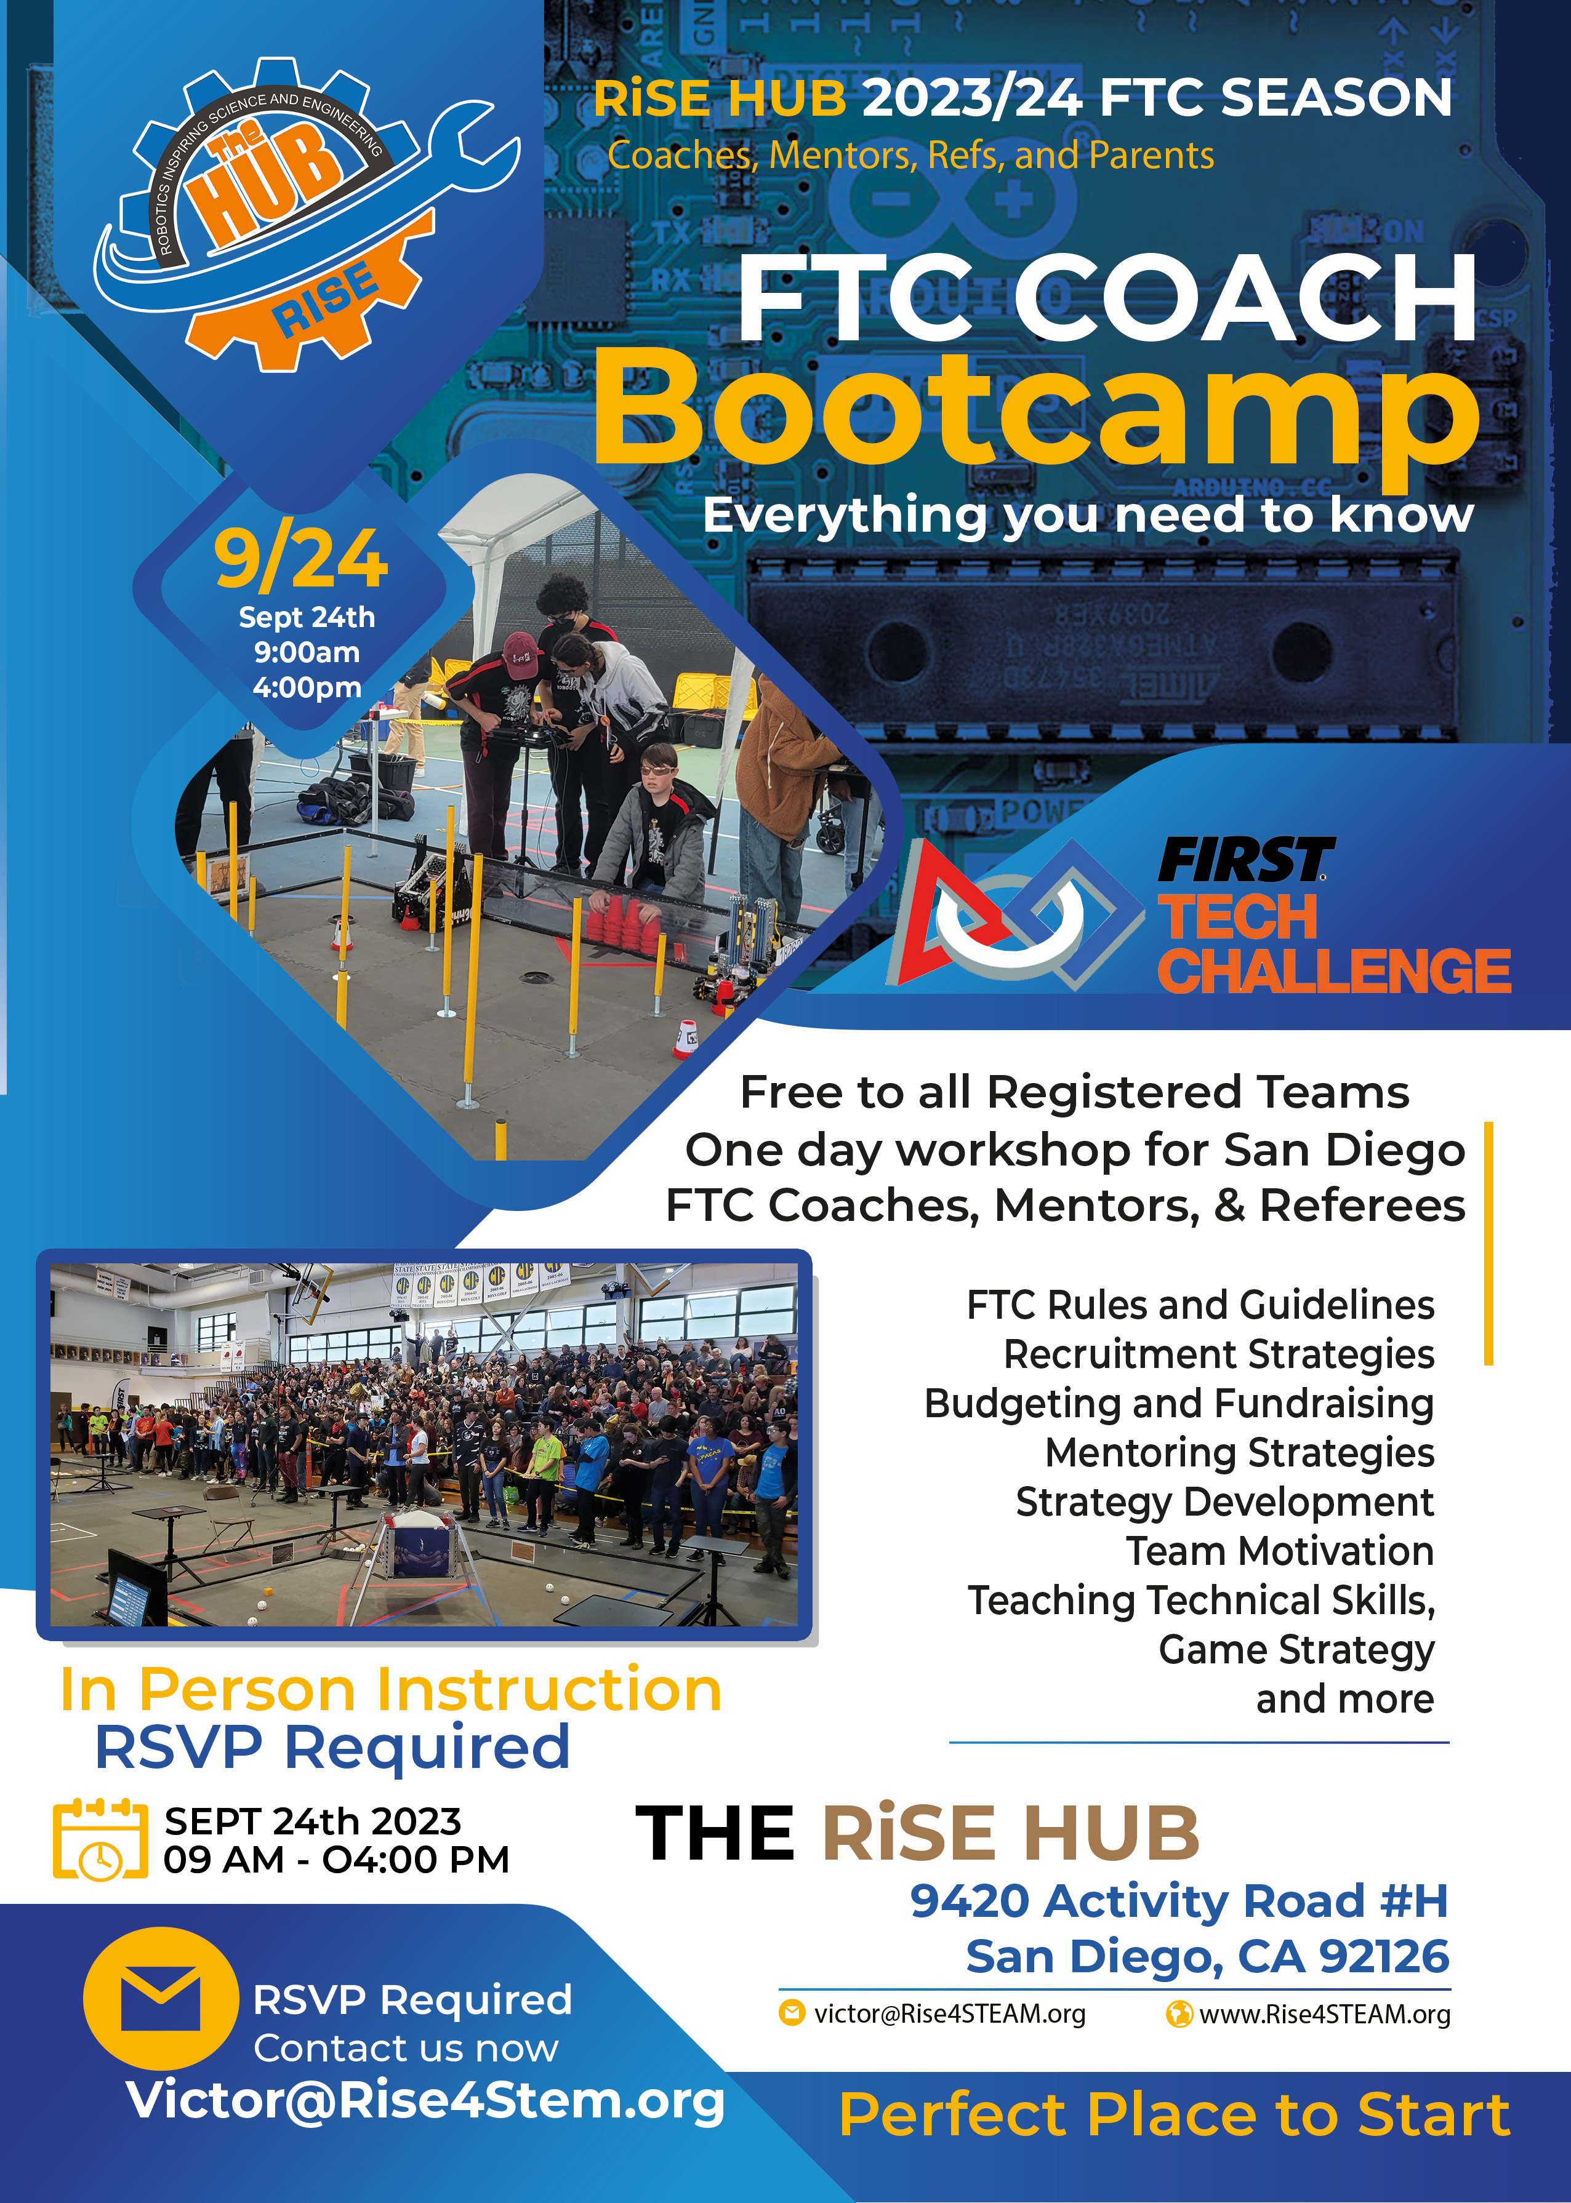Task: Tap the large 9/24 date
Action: (x=301, y=559)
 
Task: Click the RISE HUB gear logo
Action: (x=305, y=213)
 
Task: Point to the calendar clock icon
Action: (x=100, y=1839)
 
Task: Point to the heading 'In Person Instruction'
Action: (x=391, y=1690)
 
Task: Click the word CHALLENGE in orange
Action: (x=1334, y=971)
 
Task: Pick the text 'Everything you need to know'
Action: (x=1088, y=516)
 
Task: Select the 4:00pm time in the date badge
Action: (x=307, y=687)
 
